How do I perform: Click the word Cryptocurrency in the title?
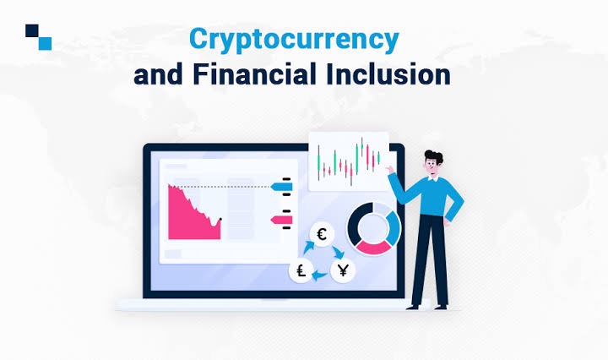[x=294, y=41]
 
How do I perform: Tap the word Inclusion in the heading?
[x=388, y=74]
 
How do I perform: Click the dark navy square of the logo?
[x=32, y=30]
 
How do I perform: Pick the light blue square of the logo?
[x=45, y=43]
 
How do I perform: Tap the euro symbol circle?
[x=322, y=234]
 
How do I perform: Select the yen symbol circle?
[x=343, y=270]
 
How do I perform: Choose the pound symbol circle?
[x=301, y=270]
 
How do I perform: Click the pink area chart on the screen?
[x=192, y=217]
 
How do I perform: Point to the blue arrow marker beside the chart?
[x=281, y=187]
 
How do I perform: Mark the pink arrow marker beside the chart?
[x=281, y=221]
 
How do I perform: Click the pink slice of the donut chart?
[x=374, y=248]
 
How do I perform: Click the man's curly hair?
[x=434, y=156]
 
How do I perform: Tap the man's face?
[x=432, y=167]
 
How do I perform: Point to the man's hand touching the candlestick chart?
[x=389, y=169]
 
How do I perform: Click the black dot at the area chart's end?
[x=220, y=219]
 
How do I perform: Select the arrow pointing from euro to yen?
[x=338, y=252]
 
